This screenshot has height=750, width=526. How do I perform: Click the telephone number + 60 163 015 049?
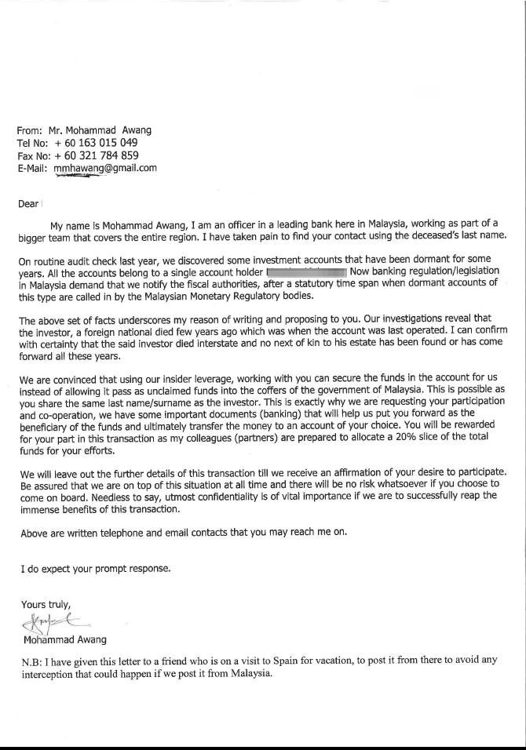tap(97, 143)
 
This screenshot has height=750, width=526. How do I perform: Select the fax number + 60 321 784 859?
tap(97, 155)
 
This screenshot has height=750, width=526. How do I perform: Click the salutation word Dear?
tap(27, 204)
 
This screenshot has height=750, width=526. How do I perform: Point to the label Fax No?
tap(32, 155)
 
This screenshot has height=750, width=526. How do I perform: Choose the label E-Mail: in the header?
tap(32, 168)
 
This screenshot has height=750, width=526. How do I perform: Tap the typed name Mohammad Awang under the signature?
tap(66, 640)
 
